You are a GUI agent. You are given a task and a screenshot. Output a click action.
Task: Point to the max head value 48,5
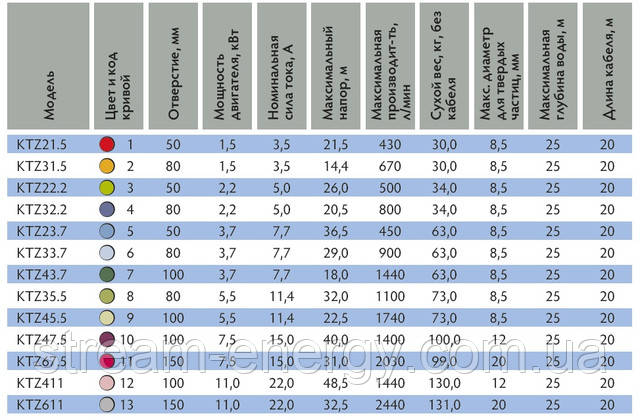336,383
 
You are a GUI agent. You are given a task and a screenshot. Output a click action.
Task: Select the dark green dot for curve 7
107,274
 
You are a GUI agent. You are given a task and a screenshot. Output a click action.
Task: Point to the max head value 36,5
336,231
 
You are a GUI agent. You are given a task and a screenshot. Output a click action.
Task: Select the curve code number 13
128,404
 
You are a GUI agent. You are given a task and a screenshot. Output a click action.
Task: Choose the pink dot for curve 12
107,383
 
